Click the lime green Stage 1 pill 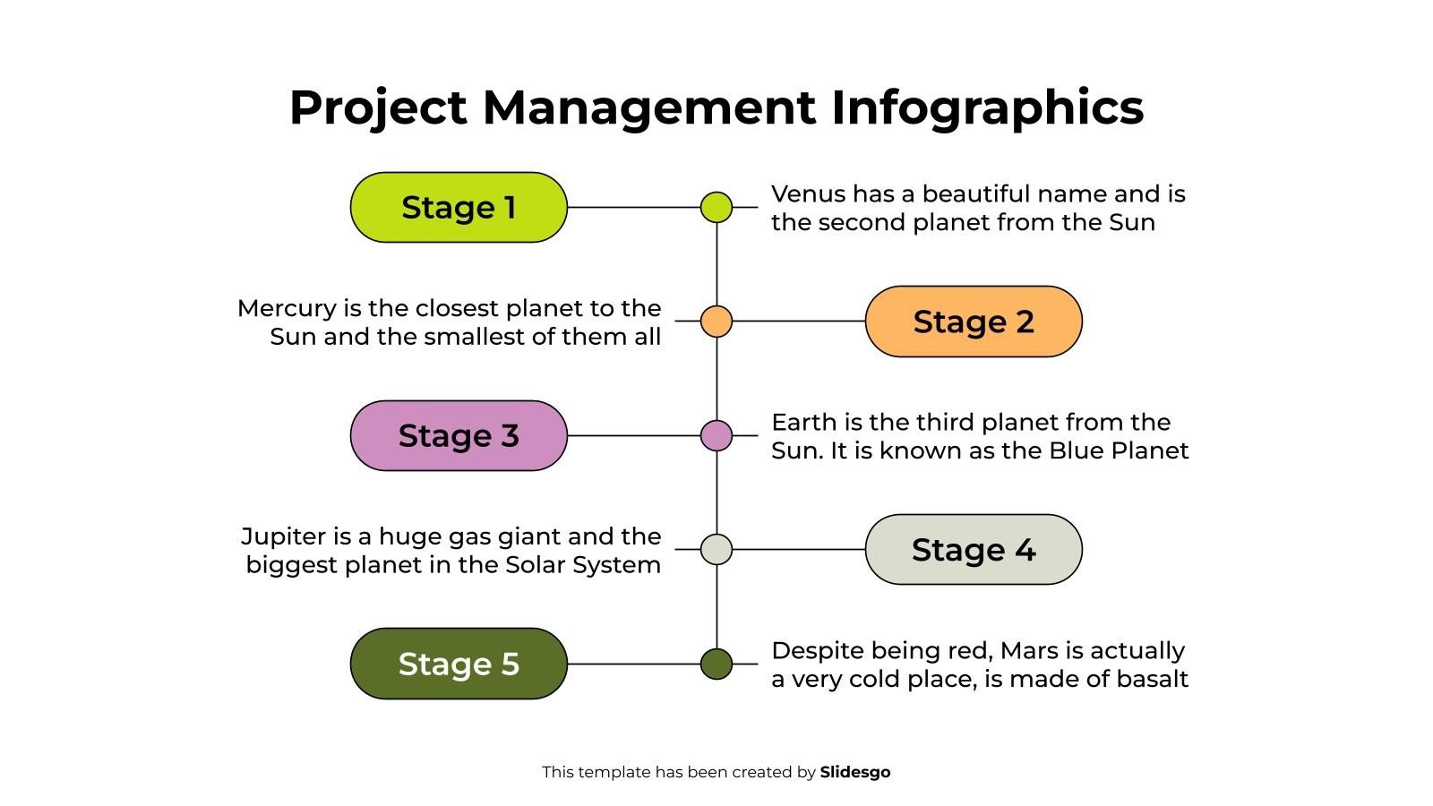tap(458, 207)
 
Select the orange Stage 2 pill tap(974, 322)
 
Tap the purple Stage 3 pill tap(458, 435)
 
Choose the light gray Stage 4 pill tap(974, 550)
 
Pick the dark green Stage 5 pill tap(458, 664)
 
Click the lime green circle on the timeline tap(716, 207)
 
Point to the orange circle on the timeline tap(716, 321)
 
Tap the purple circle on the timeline tap(716, 435)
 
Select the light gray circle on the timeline tap(716, 549)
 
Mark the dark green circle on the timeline tap(716, 664)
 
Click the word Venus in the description tap(807, 194)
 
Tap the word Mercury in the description tap(286, 309)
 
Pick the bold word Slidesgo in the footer tap(854, 772)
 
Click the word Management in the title tap(648, 107)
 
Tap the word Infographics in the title tap(987, 107)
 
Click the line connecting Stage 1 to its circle tap(632, 207)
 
